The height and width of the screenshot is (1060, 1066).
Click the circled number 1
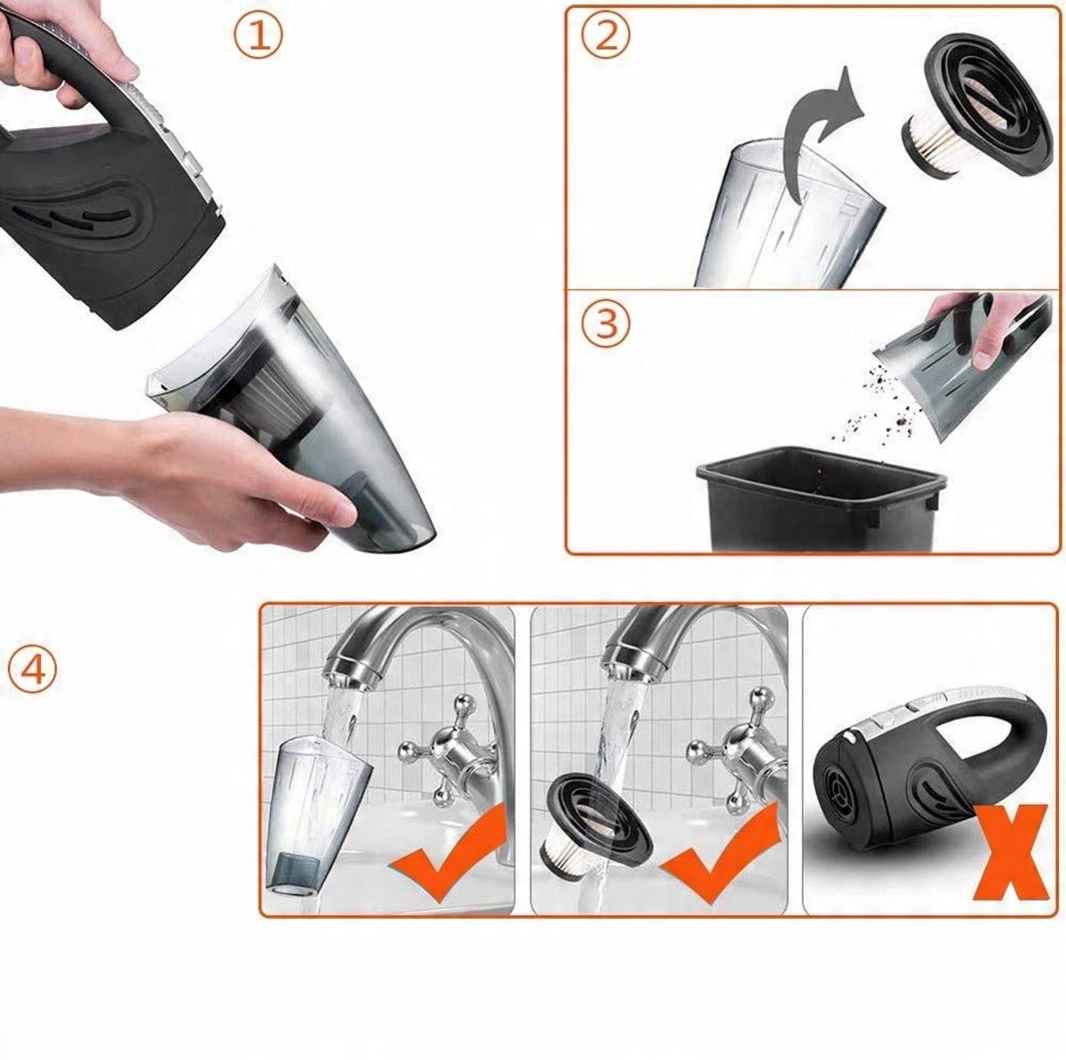(x=258, y=36)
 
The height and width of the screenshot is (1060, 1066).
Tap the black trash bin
(x=817, y=503)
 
